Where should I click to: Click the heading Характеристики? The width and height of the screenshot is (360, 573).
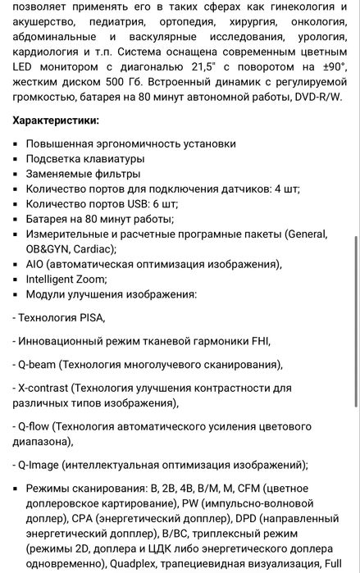pyautogui.click(x=57, y=120)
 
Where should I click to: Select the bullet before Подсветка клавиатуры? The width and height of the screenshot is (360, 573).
pyautogui.click(x=16, y=159)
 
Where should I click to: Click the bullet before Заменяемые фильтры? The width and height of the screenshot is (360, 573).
pyautogui.click(x=16, y=174)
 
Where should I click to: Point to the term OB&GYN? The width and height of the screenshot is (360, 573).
pyautogui.click(x=48, y=249)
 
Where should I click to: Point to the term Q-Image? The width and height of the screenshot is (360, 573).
pyautogui.click(x=40, y=465)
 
